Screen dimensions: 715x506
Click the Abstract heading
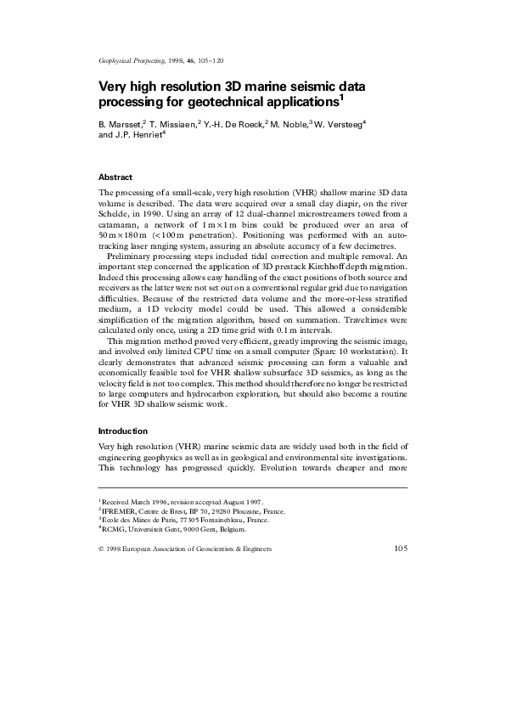click(x=115, y=177)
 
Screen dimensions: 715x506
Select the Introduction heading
click(x=123, y=431)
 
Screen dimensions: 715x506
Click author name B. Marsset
click(x=120, y=123)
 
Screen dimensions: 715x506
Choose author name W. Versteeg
click(x=340, y=123)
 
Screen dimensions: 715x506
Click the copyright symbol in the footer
click(x=102, y=549)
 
